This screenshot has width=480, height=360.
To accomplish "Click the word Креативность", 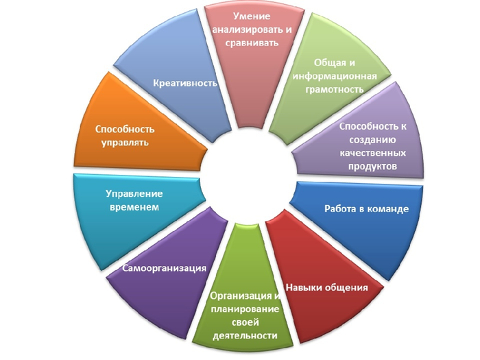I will coord(185,84).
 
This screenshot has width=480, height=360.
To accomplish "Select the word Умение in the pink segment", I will coord(251,16).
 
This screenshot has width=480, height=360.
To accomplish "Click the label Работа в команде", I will coord(366,208).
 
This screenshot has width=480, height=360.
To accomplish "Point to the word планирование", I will coord(245,309).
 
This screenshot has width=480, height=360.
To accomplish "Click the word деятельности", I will coord(245,336).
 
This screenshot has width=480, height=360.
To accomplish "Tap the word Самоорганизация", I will coord(164,268).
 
